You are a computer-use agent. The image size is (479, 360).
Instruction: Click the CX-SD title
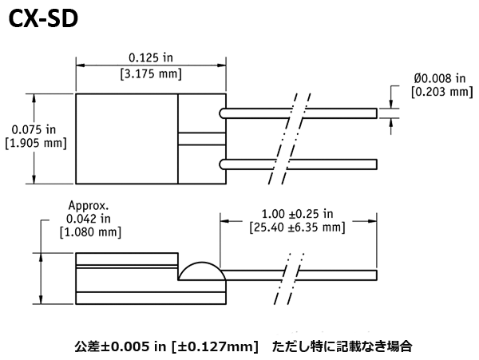tap(43, 18)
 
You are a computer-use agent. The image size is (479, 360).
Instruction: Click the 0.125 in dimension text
tap(151, 57)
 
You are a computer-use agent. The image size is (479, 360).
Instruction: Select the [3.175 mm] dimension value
tap(151, 74)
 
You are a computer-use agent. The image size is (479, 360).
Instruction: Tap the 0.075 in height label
tap(34, 130)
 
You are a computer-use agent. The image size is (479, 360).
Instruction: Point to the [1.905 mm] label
tap(36, 143)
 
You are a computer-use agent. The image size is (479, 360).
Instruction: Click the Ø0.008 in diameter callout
tap(440, 78)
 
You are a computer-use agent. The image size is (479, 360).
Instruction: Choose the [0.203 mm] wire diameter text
tap(442, 92)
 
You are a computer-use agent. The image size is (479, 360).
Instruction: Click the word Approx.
tap(89, 206)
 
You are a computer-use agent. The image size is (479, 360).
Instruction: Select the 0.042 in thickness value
tap(89, 219)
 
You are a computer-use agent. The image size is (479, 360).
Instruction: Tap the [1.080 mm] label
tap(90, 232)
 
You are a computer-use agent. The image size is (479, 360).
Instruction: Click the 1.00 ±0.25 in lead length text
tap(297, 214)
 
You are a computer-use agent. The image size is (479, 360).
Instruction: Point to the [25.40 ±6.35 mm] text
tap(297, 227)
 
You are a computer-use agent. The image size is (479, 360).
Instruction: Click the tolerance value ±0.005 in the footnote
tap(126, 347)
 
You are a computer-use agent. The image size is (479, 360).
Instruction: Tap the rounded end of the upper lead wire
tap(221, 113)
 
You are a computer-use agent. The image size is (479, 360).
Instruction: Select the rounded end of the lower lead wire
tap(221, 164)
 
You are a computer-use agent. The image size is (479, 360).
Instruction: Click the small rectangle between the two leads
tap(202, 139)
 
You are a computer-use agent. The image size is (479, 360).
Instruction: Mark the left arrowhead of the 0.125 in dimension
tap(80, 65)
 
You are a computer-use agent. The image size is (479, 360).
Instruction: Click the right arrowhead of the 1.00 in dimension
tap(372, 221)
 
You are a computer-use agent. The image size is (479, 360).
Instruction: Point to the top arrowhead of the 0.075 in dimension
tap(34, 98)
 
